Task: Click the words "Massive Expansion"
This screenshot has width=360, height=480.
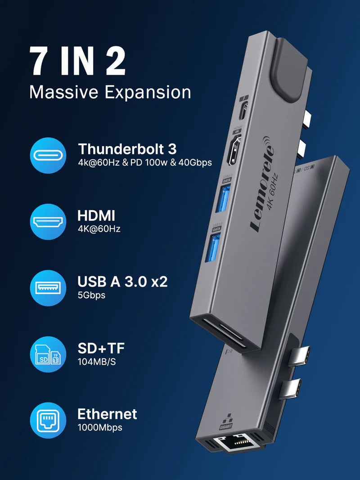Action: [110, 92]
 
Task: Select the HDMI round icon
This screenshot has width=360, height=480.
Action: [48, 221]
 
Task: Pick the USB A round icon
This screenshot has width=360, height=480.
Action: [48, 288]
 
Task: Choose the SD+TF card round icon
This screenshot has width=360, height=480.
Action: [48, 354]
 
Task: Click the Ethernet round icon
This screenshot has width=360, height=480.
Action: [48, 421]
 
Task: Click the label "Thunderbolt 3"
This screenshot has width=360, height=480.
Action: [127, 149]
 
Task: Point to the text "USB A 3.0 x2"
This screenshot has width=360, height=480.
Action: [122, 282]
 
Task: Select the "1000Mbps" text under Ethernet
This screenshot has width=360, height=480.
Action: [100, 428]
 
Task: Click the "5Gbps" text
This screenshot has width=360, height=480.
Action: [91, 296]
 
